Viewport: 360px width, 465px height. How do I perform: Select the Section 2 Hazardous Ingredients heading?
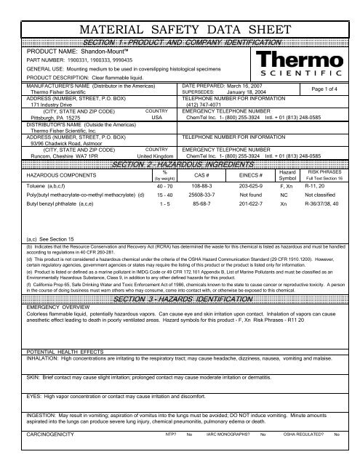pyautogui.click(x=180, y=146)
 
